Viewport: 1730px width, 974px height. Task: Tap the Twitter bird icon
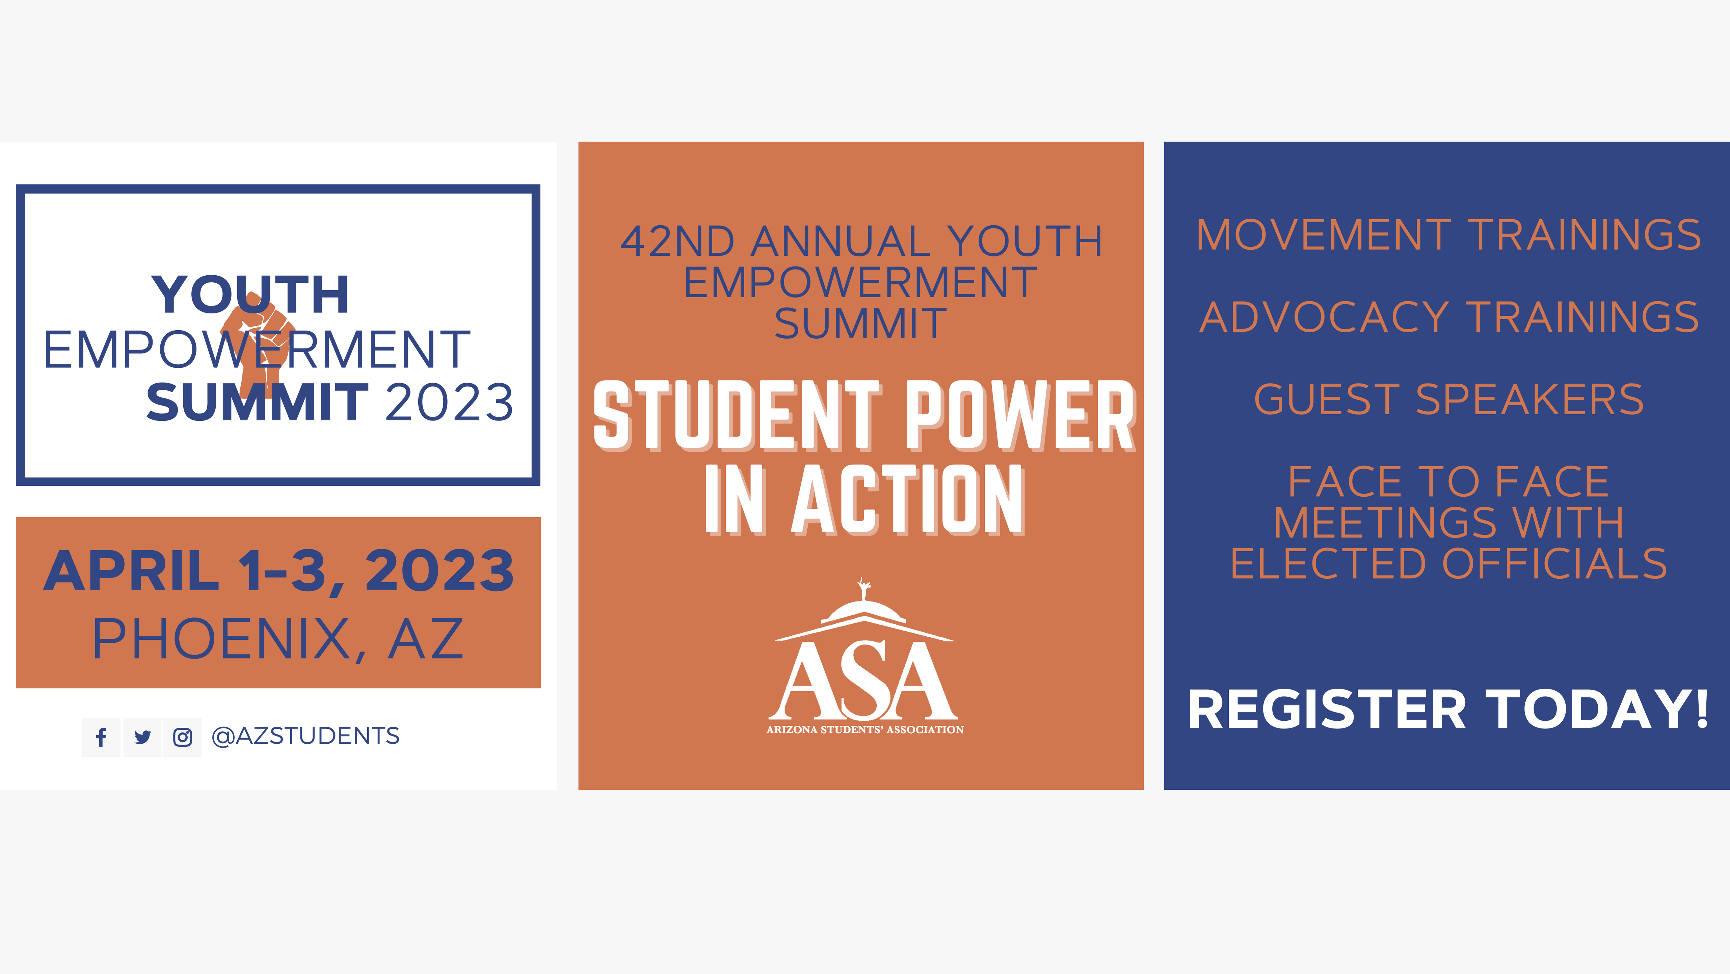coord(142,737)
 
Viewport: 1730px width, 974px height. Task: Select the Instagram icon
coord(183,737)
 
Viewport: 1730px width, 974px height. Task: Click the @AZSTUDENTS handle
coord(305,736)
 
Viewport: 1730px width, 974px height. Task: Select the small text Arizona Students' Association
coord(865,730)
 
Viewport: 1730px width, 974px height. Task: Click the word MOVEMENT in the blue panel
coord(1323,235)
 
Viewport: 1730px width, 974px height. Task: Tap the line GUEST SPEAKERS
coord(1448,399)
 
